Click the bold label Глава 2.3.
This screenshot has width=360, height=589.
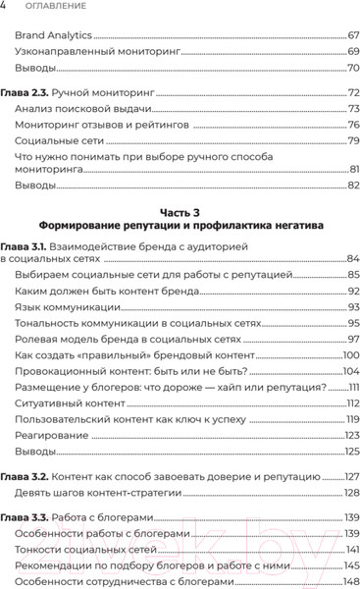point(24,91)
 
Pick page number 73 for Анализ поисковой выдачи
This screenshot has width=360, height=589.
point(353,108)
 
